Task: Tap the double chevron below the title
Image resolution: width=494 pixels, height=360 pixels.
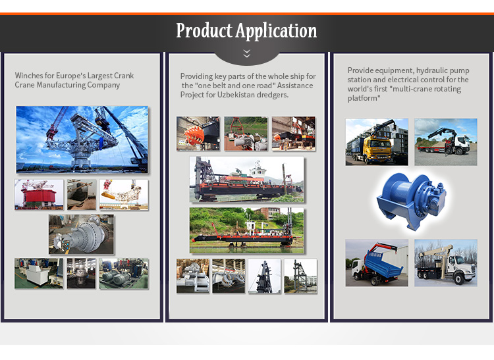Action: tap(247, 53)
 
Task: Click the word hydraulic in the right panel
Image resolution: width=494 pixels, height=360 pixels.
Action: tap(427, 70)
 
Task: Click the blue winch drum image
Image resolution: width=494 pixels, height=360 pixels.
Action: tap(412, 201)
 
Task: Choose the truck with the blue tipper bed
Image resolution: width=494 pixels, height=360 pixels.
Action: tap(377, 263)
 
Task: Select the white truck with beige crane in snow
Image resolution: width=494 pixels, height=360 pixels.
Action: tap(446, 263)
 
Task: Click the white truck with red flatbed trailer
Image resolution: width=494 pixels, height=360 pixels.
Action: tap(446, 141)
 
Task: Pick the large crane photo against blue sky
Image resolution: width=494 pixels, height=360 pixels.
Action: tap(82, 139)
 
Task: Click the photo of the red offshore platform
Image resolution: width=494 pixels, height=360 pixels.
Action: tap(39, 195)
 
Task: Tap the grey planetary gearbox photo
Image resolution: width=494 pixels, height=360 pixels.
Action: tap(81, 234)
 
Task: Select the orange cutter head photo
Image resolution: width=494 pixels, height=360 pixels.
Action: tap(198, 134)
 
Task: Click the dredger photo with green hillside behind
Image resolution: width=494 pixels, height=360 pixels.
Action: tap(247, 230)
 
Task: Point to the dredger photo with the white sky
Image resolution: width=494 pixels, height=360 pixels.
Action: tap(247, 179)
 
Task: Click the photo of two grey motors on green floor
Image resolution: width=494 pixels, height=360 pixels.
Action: tap(124, 273)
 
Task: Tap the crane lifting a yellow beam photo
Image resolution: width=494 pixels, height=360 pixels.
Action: tap(124, 195)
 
